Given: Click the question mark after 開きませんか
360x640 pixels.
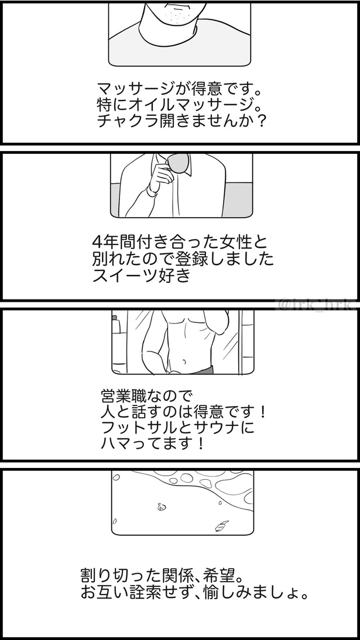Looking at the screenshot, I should click(x=262, y=122).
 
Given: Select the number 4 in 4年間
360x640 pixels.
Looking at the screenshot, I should click(x=98, y=242).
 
